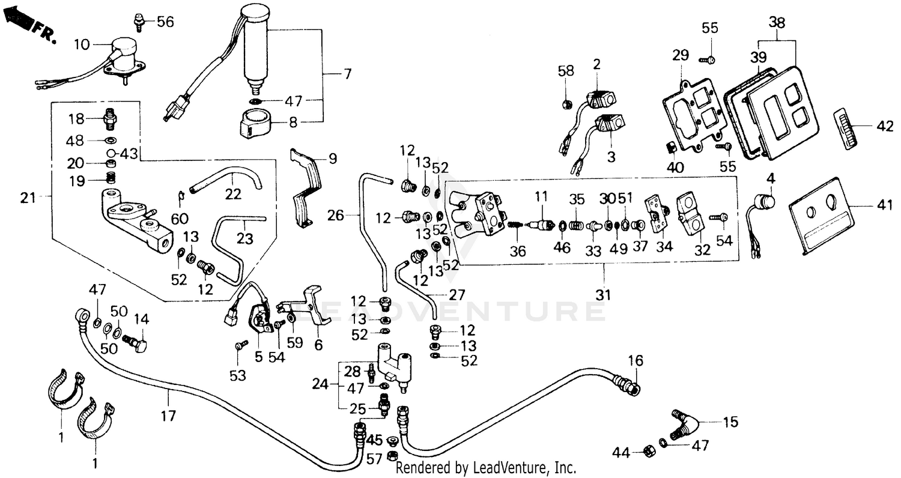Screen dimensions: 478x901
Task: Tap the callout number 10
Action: click(82, 44)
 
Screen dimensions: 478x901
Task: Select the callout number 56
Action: click(165, 22)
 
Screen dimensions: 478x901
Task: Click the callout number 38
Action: click(777, 23)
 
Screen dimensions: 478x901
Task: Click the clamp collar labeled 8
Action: click(255, 123)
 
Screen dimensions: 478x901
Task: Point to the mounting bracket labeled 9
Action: click(306, 186)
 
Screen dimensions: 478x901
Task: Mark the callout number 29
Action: click(680, 55)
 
